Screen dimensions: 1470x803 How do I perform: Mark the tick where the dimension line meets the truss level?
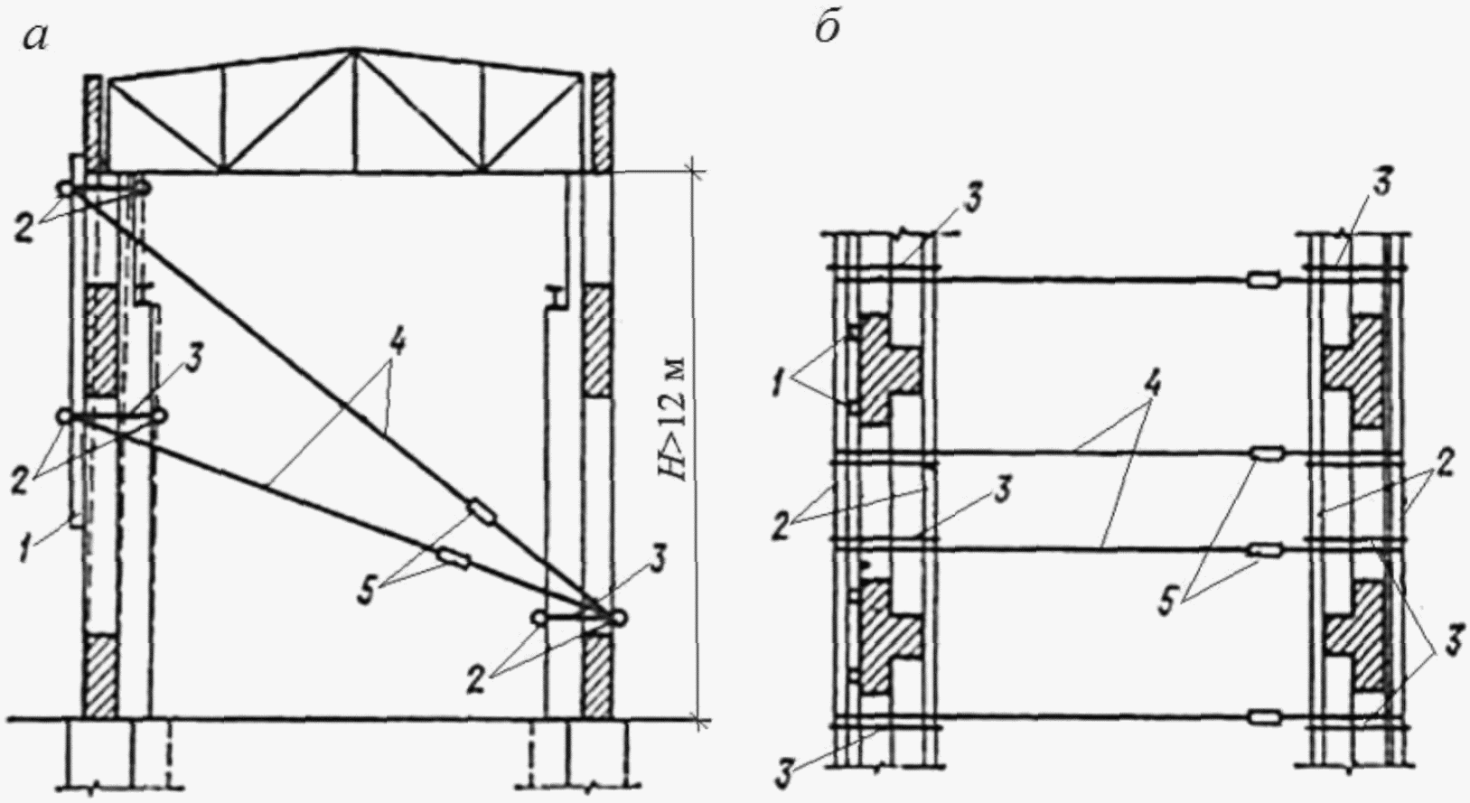(x=694, y=170)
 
